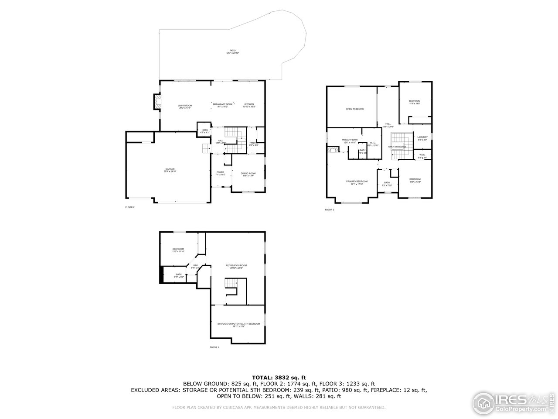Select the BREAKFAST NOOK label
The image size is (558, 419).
click(x=222, y=105)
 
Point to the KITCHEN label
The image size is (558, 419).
click(x=249, y=106)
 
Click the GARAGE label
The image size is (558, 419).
click(x=170, y=170)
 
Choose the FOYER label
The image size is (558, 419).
click(x=221, y=173)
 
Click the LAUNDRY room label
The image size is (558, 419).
click(x=422, y=138)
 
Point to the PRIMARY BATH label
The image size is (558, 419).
click(x=350, y=141)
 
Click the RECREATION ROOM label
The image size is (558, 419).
click(x=236, y=267)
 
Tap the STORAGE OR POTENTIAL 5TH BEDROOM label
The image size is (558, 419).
click(x=238, y=325)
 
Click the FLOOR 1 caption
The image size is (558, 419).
click(x=214, y=347)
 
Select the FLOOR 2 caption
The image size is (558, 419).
click(x=130, y=207)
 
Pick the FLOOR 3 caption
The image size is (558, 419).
click(x=329, y=210)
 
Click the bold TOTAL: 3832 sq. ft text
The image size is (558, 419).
click(x=279, y=377)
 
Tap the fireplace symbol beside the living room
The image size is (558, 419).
click(x=156, y=102)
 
